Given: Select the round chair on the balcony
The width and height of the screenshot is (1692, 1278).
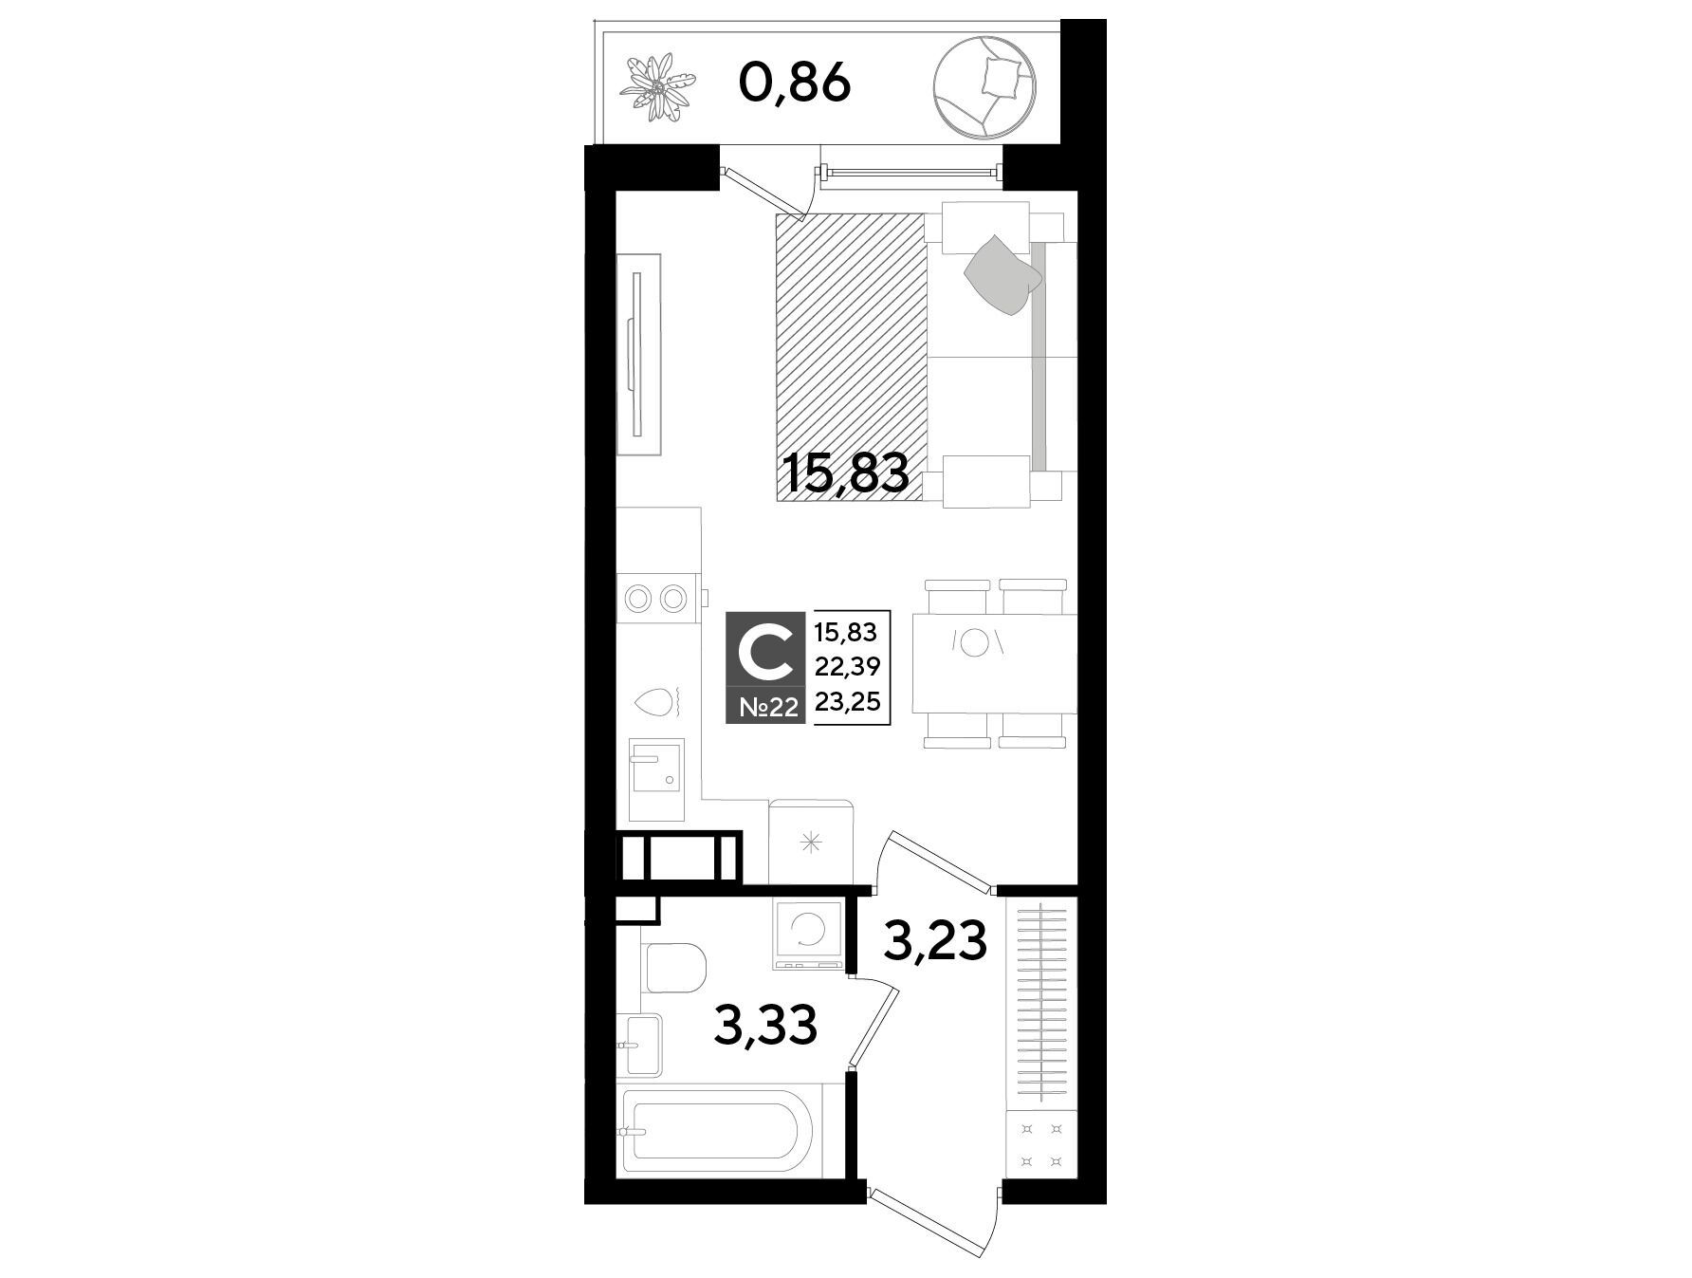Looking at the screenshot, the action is click(x=984, y=84).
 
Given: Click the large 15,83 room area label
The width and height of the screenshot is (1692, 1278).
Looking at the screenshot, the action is click(x=847, y=472).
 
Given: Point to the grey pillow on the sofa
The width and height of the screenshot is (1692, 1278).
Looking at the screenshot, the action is click(x=1003, y=273).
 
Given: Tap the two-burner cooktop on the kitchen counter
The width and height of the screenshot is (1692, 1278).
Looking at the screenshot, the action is click(x=657, y=598).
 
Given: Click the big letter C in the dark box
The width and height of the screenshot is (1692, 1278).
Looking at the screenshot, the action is click(x=764, y=655).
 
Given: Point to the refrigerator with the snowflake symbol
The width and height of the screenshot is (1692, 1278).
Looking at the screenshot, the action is click(x=813, y=842).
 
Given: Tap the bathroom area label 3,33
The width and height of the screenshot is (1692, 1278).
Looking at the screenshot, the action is click(x=765, y=1027).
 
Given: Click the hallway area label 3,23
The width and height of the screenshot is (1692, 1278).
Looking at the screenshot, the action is click(x=935, y=942).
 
